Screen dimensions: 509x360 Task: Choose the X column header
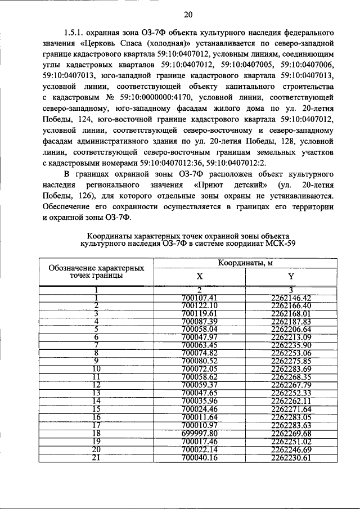click(x=200, y=276)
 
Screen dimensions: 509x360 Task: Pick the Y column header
click(x=291, y=276)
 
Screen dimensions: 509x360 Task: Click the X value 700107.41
click(x=200, y=298)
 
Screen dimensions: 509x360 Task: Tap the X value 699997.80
click(x=200, y=434)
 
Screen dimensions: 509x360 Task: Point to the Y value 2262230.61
click(x=291, y=458)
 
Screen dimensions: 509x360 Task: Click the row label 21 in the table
click(x=96, y=458)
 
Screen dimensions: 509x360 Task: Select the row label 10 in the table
click(x=96, y=369)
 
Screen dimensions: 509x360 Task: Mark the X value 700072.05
click(x=200, y=369)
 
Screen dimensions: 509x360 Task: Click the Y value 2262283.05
click(x=291, y=417)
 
